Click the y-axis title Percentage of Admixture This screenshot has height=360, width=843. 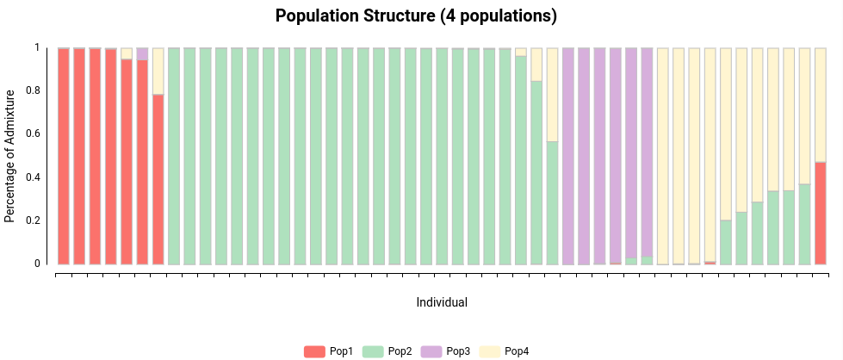10,155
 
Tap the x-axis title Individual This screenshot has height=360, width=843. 442,302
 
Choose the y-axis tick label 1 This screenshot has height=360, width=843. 37,47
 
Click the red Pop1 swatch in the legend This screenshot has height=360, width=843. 314,351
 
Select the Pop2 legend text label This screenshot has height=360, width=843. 400,351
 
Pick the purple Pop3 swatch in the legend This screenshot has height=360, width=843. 431,351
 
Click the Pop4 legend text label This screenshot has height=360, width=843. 517,351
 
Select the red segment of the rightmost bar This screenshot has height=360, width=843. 821,213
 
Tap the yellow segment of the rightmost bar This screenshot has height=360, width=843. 821,103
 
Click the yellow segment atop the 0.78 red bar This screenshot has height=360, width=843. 158,71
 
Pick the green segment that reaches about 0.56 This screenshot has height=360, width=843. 553,202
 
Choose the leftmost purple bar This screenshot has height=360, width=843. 568,155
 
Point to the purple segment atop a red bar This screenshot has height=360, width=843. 142,53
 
